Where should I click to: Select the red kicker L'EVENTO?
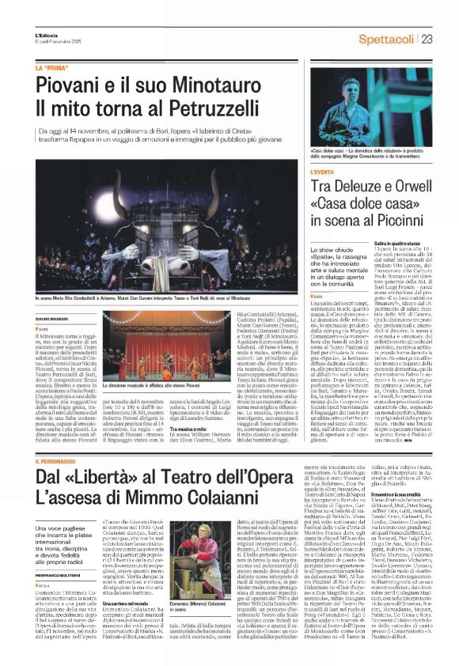pyautogui.click(x=323, y=172)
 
